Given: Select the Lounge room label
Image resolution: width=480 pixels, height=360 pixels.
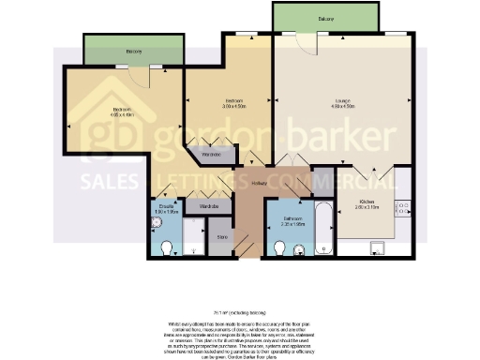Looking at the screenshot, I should [341, 101].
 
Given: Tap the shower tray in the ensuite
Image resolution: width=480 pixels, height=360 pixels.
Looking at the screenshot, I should [193, 237].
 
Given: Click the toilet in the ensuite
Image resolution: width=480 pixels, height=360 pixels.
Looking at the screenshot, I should [166, 247].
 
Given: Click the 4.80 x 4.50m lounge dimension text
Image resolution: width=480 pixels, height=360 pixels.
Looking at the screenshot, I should [341, 107].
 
